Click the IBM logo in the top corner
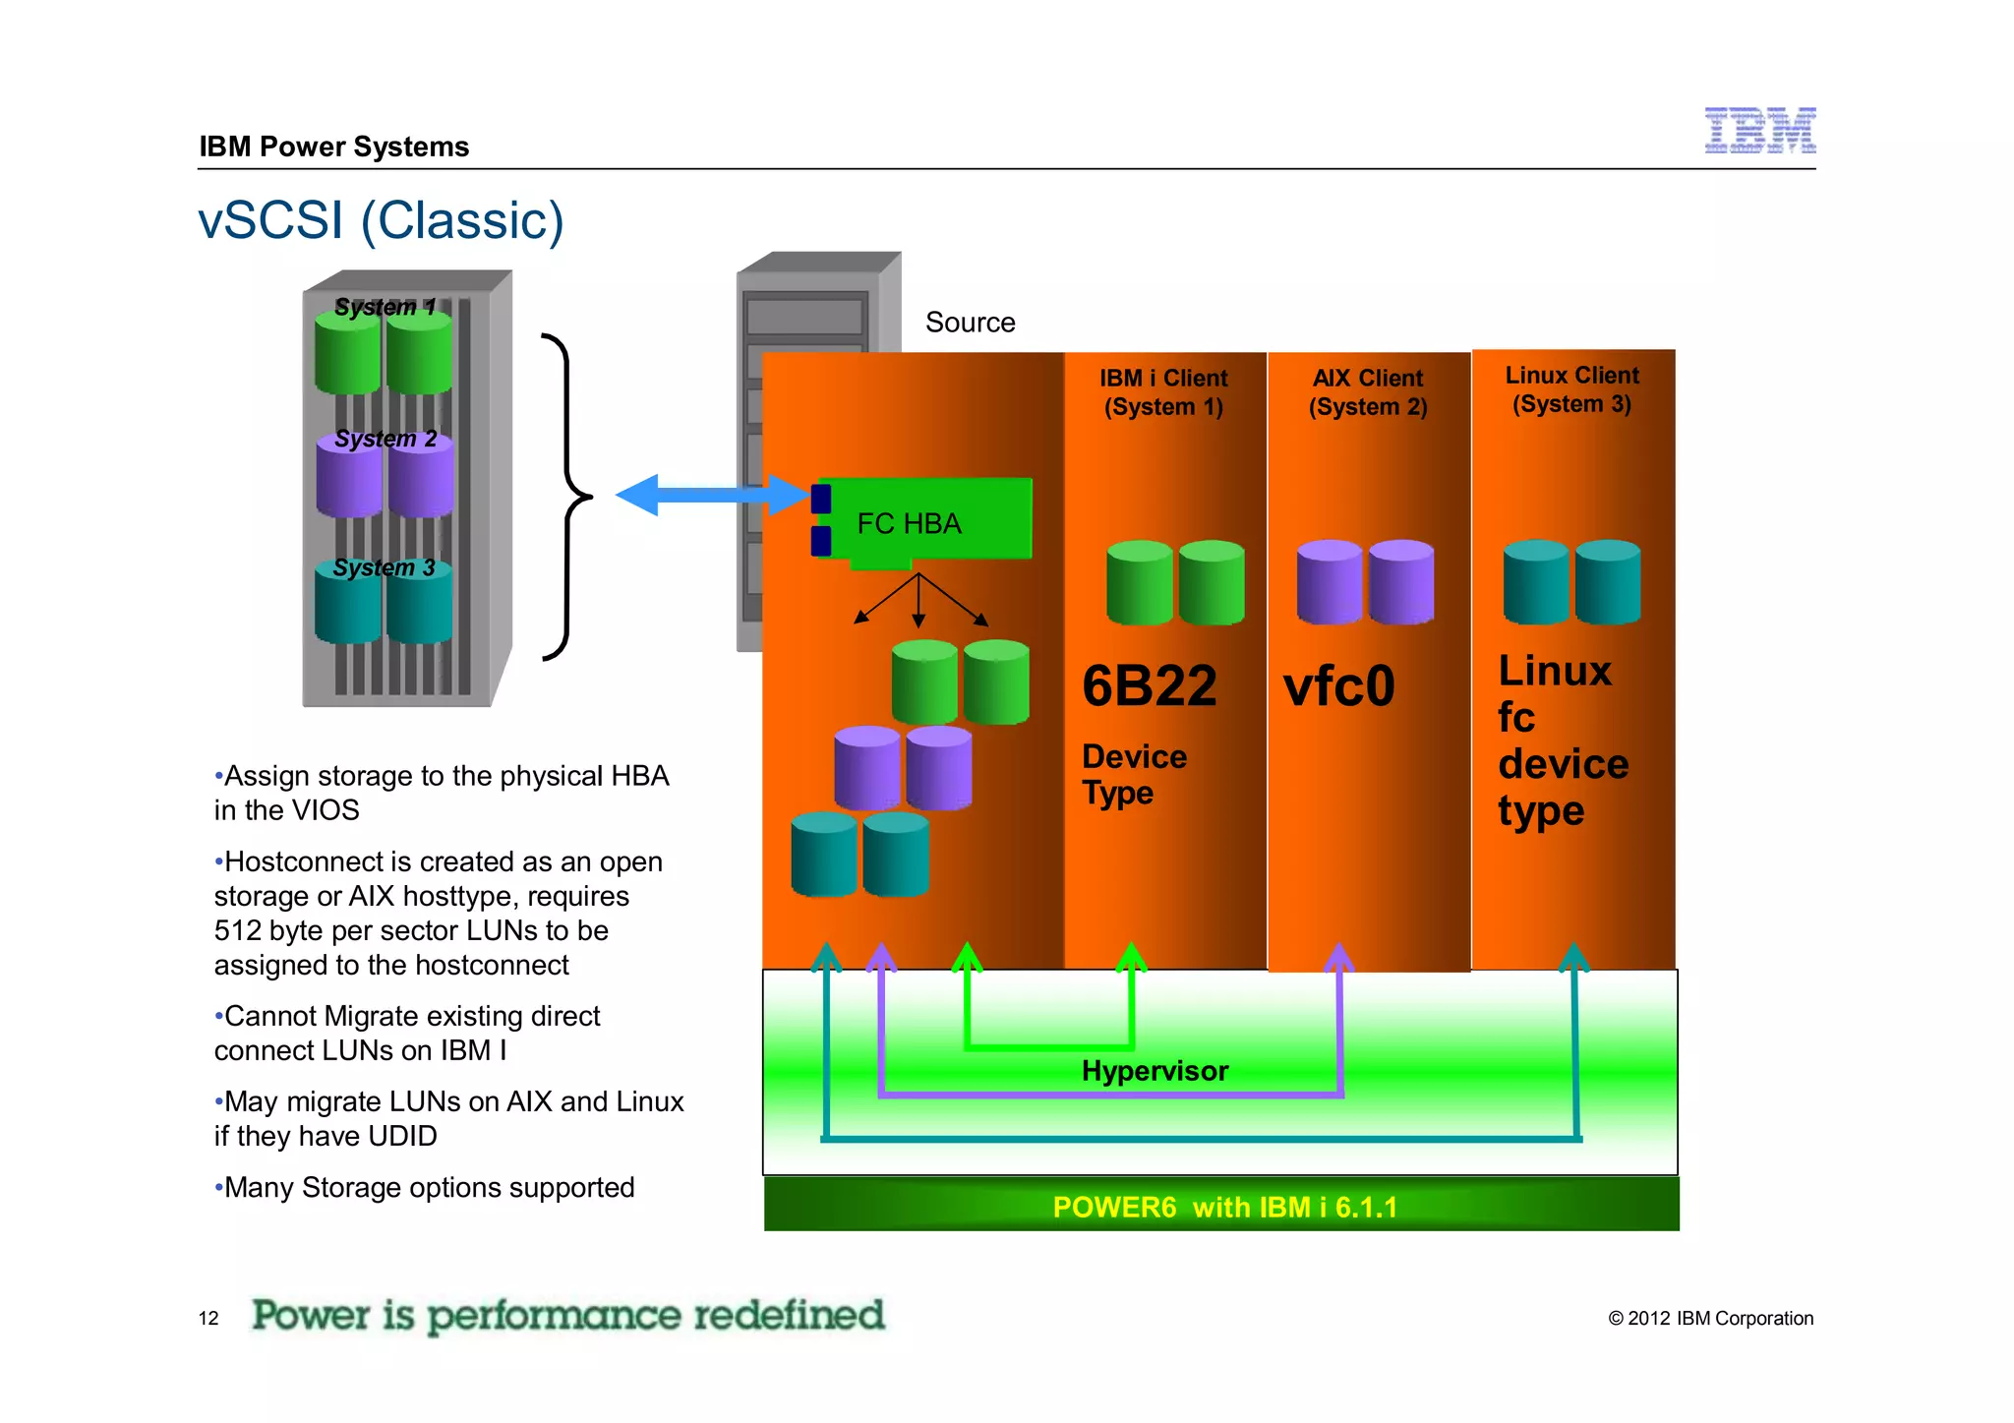pos(1759,131)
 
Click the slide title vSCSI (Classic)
pos(381,220)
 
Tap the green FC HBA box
pos(924,522)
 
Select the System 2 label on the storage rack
pos(385,439)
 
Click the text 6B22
pos(1149,685)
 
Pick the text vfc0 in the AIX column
pos(1338,685)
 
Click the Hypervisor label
pos(1155,1071)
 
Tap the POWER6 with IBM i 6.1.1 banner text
pos(1224,1207)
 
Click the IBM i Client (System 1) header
pos(1163,392)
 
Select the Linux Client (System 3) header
pos(1571,389)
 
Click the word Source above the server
pos(970,323)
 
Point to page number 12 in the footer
pos(208,1318)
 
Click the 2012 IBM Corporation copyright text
pos(1710,1318)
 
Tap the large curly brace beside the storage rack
pos(567,497)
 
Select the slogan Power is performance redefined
pos(568,1315)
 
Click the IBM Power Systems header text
pos(334,147)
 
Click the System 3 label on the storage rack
pos(384,567)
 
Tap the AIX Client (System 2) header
pos(1368,392)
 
